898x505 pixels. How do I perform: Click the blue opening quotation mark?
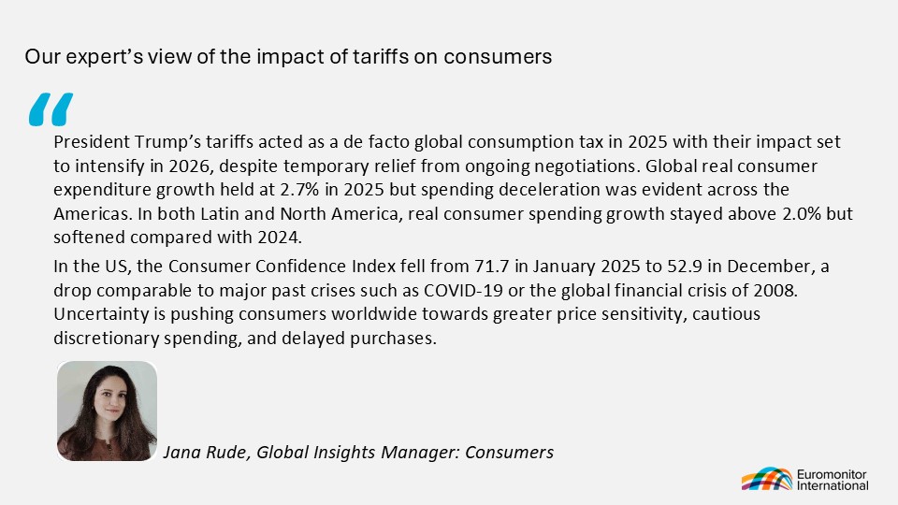51,109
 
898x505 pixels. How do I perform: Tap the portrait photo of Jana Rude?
107,411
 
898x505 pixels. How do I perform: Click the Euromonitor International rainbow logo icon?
767,479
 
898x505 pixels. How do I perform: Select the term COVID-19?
463,290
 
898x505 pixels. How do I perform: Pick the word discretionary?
107,339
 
